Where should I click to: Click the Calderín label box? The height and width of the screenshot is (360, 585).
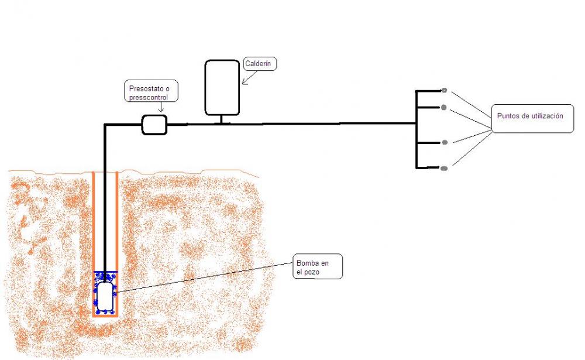[260, 64]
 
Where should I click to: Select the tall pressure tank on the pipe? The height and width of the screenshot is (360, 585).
[222, 87]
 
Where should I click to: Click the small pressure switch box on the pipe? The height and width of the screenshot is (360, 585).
[154, 124]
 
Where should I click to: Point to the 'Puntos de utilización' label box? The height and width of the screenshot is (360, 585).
[532, 118]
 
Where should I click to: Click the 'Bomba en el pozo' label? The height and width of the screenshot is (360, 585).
[317, 266]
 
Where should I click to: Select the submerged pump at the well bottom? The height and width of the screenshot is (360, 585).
[105, 296]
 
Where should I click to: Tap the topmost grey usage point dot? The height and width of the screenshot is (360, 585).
[444, 90]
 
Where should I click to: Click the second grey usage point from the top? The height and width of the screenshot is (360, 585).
[443, 108]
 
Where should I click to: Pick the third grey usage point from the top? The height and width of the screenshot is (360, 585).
[445, 142]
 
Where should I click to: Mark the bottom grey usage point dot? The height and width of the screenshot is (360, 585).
[444, 169]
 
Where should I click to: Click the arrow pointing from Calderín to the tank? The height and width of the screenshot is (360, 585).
[250, 77]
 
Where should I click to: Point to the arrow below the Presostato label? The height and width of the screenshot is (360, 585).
[161, 107]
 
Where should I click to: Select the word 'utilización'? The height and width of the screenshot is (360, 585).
[545, 116]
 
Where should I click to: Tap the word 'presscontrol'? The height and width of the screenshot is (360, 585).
[149, 98]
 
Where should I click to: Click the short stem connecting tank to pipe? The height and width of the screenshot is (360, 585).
[221, 119]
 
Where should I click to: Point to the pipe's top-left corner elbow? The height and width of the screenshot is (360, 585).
[105, 125]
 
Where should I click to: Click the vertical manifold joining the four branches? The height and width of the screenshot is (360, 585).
[416, 129]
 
